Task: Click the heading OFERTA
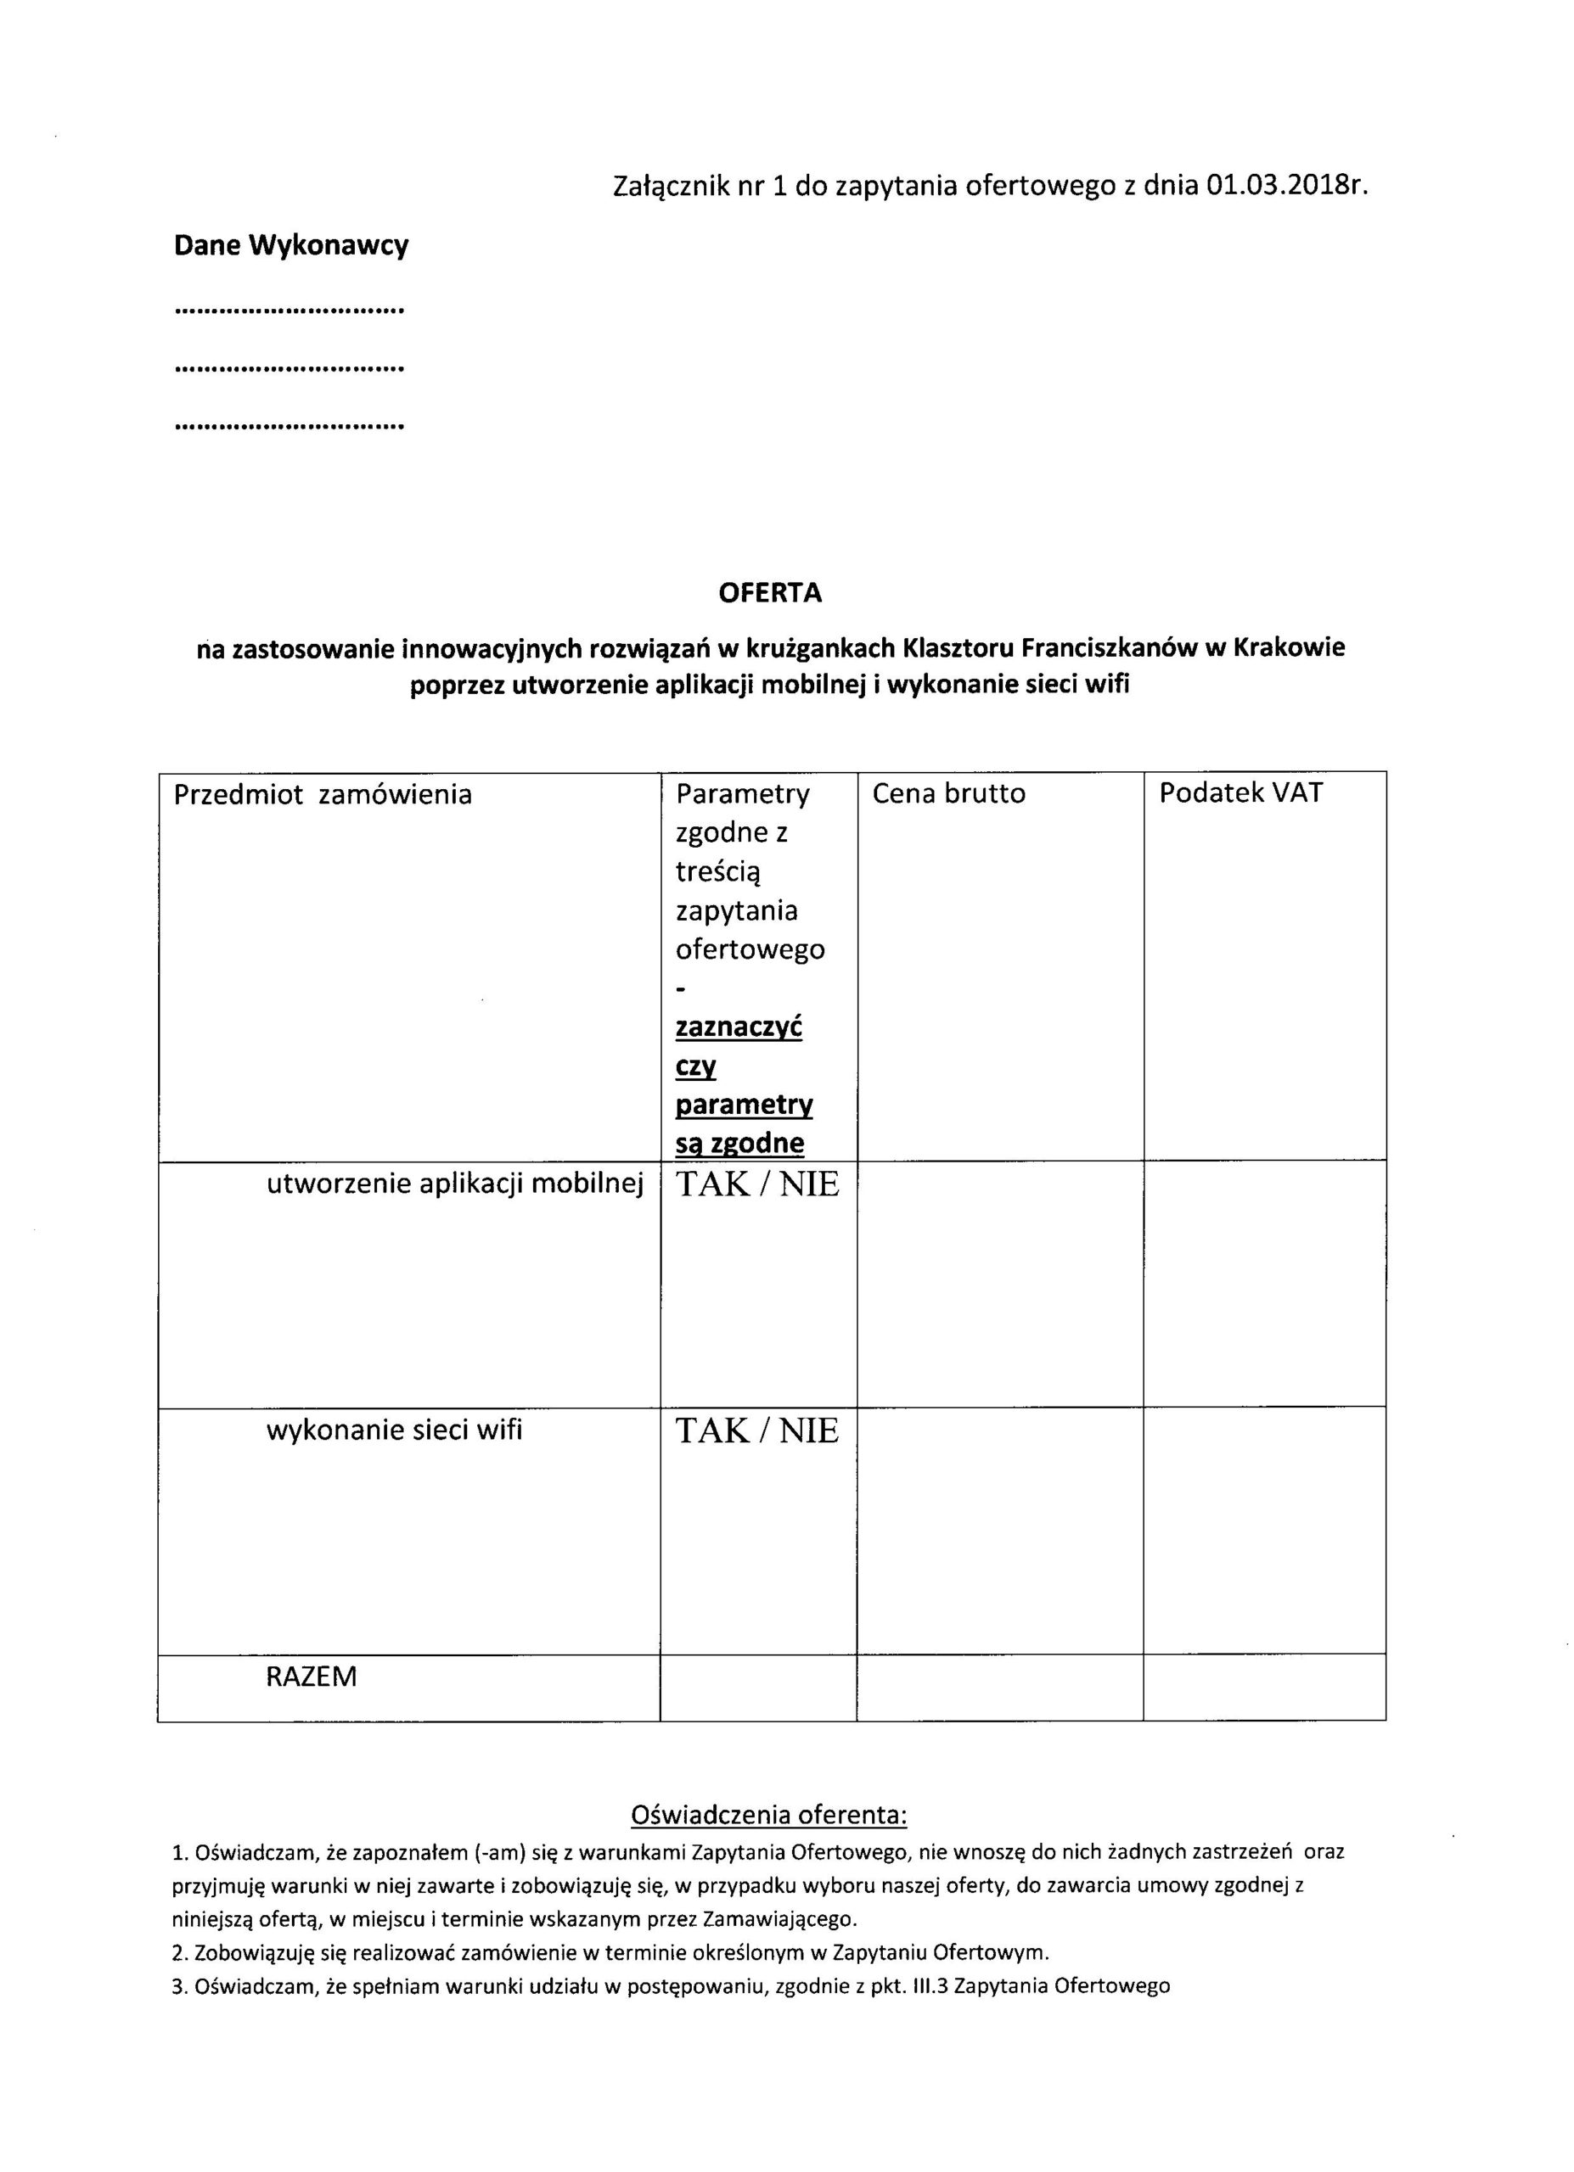(x=769, y=593)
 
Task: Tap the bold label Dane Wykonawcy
(x=291, y=245)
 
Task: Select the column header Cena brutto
(x=948, y=793)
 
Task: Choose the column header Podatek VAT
(x=1240, y=793)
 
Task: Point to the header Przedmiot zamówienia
(x=323, y=794)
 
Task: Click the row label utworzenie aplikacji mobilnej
(x=454, y=1184)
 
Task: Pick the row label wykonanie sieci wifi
(x=394, y=1430)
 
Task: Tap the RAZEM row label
(x=311, y=1676)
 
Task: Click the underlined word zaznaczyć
(x=739, y=1027)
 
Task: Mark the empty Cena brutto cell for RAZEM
(x=999, y=1688)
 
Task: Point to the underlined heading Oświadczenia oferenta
(x=768, y=1815)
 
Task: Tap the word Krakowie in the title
(x=1289, y=648)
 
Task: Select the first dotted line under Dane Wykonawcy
(x=290, y=311)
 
